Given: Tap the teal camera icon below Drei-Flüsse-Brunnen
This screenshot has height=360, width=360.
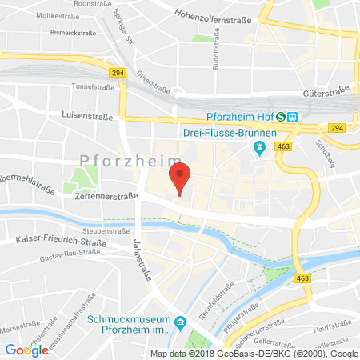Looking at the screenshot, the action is coord(258,148).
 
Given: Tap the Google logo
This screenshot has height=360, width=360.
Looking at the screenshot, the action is coord(27,349).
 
